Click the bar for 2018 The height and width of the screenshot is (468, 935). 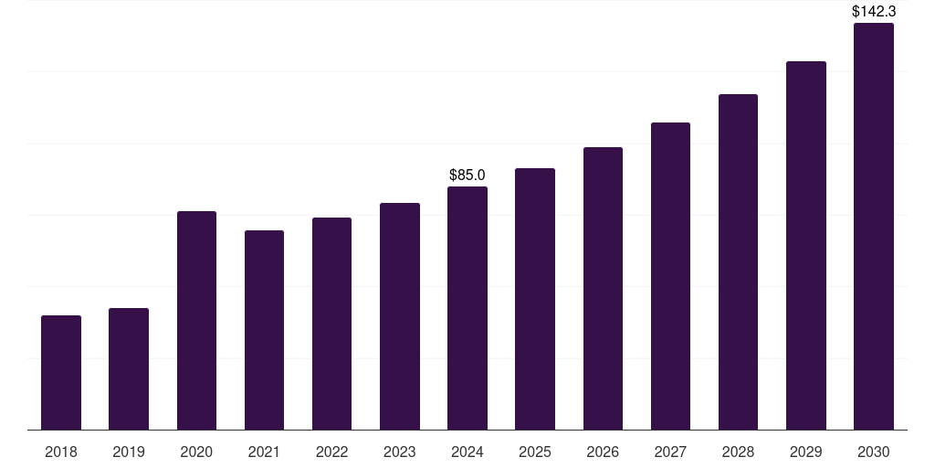61,373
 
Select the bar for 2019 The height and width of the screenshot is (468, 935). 129,369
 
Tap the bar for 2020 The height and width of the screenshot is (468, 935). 196,321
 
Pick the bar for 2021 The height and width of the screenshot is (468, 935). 264,330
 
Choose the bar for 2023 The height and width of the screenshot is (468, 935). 399,316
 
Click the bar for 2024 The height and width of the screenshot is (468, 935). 467,308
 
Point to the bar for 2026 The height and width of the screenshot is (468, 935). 603,289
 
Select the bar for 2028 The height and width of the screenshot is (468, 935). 738,262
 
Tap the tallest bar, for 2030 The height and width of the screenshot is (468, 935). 873,227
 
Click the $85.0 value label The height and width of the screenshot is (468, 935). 467,175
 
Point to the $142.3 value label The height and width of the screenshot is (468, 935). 873,12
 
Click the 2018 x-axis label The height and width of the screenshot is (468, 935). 61,452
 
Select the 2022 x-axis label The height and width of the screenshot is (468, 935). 331,452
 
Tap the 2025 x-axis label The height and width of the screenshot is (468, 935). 535,452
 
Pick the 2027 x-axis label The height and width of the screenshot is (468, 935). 670,452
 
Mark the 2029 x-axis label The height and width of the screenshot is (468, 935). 805,452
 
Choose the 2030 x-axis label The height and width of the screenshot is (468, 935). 873,452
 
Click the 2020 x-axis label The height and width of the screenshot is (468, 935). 196,452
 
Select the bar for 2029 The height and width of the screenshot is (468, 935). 805,246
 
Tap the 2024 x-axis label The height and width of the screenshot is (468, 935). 467,452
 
